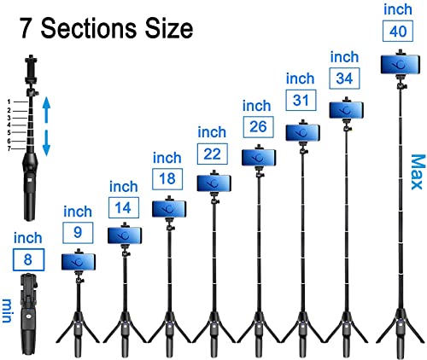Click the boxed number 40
[x=398, y=31]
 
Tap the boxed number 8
[x=28, y=259]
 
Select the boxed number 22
[x=213, y=154]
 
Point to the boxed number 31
[x=301, y=100]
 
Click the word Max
[x=418, y=172]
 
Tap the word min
[x=8, y=311]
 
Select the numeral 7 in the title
[x=26, y=28]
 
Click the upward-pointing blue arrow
[x=46, y=110]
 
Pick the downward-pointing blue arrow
[x=46, y=143]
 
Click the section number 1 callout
[x=9, y=102]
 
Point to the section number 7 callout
[x=9, y=148]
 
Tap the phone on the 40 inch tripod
[x=401, y=65]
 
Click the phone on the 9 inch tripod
[x=79, y=262]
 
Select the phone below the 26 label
[x=259, y=157]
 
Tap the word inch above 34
[x=344, y=57]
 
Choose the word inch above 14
[x=124, y=187]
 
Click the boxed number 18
[x=167, y=179]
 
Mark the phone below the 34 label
[x=347, y=110]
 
